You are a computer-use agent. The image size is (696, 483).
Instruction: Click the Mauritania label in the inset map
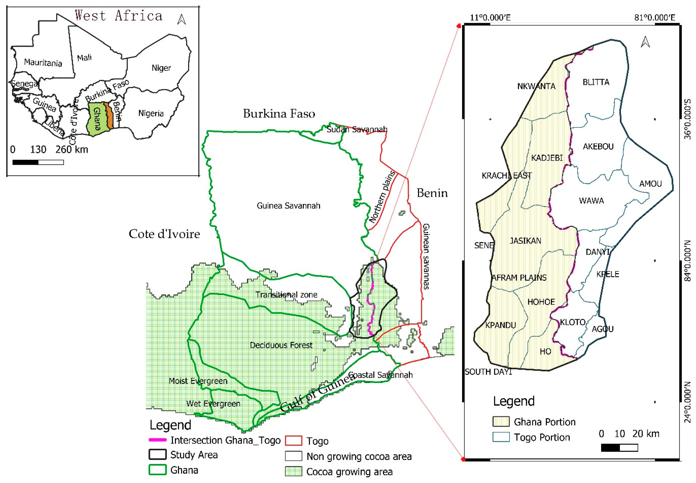tap(43, 62)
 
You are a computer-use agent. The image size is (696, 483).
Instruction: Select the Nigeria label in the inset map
tap(151, 113)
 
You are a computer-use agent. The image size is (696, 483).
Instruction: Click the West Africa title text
tap(119, 16)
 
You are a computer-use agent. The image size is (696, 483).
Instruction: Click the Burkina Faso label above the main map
tap(279, 113)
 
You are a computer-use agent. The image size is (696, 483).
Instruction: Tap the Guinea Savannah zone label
tap(288, 206)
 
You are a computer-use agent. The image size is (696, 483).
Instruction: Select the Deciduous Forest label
tap(281, 345)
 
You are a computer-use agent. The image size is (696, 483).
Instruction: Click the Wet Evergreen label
tap(213, 403)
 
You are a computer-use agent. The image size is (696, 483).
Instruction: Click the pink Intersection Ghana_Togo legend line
tap(157, 440)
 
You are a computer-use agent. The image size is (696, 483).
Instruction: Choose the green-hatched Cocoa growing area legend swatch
tap(293, 471)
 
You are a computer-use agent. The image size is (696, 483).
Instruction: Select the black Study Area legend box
tap(157, 454)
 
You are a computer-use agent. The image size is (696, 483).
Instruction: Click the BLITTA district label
tap(596, 82)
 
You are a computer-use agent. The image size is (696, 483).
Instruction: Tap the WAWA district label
tap(591, 201)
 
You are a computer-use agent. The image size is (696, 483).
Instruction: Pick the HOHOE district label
tap(541, 302)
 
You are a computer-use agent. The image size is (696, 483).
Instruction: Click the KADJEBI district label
tap(547, 158)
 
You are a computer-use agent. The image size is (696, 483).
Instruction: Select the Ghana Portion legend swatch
tap(501, 421)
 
